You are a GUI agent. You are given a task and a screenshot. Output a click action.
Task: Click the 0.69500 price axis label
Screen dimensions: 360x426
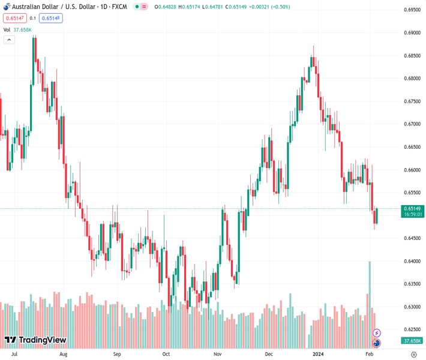pos(412,10)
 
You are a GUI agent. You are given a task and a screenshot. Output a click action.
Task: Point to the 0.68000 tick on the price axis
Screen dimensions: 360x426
pos(412,79)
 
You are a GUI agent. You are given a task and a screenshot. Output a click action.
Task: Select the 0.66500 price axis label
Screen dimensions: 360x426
pos(412,147)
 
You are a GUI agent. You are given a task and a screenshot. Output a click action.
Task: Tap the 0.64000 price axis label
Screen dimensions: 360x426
pos(412,261)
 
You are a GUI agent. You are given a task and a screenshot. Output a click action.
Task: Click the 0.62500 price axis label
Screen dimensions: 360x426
pos(412,329)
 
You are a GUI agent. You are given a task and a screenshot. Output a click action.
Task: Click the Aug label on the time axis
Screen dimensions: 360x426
pos(64,354)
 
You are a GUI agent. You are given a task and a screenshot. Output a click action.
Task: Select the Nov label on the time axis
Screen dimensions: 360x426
pos(218,354)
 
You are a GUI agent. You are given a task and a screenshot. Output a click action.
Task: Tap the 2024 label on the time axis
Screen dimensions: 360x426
pos(318,354)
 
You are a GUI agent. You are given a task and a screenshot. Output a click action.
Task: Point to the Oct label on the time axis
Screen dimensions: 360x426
pos(166,354)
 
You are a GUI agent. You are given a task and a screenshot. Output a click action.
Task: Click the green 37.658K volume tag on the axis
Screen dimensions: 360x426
pos(412,341)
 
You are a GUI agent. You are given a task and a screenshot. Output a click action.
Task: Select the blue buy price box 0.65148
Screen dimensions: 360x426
pos(53,18)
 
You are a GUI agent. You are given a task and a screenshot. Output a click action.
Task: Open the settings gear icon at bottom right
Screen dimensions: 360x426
pos(414,354)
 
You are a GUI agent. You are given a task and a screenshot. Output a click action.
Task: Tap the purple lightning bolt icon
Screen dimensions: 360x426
pos(377,332)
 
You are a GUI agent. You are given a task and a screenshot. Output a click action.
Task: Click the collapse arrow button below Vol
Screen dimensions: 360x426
pos(9,40)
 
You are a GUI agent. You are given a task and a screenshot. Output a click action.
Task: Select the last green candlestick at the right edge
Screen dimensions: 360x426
pos(376,215)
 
